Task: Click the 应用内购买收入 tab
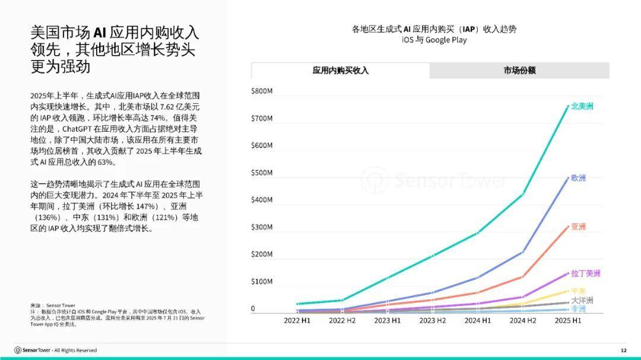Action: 340,71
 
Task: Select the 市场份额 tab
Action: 519,71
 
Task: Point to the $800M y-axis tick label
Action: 262,91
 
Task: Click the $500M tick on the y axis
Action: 262,173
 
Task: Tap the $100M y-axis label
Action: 262,281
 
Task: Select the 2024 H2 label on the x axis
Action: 523,320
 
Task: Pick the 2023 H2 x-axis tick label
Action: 433,320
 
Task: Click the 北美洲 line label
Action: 582,106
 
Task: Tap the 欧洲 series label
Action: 578,178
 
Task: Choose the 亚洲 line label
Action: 578,227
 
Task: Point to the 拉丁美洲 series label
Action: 585,273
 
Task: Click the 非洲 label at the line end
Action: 578,309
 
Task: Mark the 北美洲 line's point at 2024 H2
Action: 523,194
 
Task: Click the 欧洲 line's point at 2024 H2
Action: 523,251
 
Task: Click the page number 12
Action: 623,350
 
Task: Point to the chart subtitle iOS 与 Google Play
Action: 434,40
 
